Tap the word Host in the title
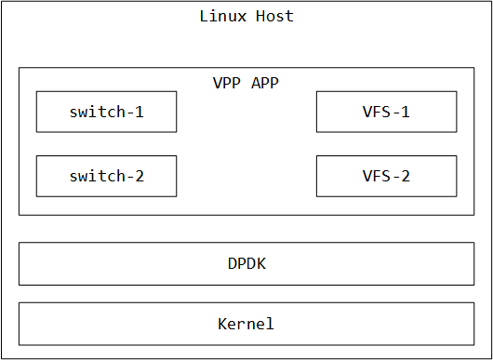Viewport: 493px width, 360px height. click(276, 17)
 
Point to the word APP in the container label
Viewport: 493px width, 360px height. click(266, 83)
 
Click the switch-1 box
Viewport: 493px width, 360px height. click(106, 112)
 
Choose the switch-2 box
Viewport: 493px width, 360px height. click(106, 176)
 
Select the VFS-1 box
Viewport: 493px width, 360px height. click(386, 112)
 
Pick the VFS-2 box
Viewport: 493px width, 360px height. click(386, 176)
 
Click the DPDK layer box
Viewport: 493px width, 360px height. click(246, 263)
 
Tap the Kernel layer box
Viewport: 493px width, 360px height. click(246, 324)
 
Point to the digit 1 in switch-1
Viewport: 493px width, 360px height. click(140, 112)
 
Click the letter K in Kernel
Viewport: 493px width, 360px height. click(223, 324)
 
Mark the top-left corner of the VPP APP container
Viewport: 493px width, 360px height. click(20, 68)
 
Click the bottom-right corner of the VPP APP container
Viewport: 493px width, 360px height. click(474, 215)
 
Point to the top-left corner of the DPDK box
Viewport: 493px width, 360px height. click(20, 243)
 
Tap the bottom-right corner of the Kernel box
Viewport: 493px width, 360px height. click(474, 344)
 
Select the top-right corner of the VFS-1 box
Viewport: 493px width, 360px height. click(457, 91)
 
